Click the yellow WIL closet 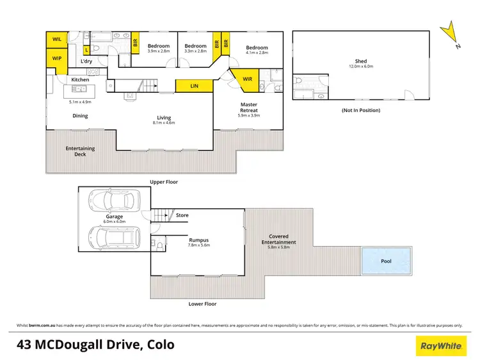57,40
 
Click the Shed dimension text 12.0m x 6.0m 361,67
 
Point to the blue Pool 385,261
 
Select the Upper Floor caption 163,182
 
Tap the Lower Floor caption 203,304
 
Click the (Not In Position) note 362,110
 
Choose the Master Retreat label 249,107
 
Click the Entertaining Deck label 80,151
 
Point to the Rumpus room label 198,241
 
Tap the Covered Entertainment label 282,240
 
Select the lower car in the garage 115,238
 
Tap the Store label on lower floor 182,215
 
